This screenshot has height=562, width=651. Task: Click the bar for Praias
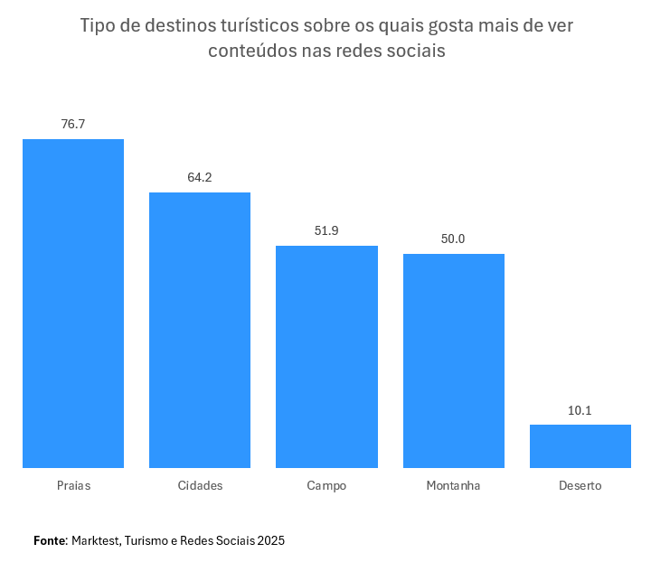73,304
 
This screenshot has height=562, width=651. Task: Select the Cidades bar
200,330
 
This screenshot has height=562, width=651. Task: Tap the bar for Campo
326,357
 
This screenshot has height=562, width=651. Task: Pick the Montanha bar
453,361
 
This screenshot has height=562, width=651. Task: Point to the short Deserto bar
580,446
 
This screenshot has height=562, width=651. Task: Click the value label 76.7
73,124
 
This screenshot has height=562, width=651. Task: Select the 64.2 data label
200,177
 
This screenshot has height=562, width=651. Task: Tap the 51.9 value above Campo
326,230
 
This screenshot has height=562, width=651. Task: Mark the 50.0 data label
453,239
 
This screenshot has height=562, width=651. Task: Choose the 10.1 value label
580,410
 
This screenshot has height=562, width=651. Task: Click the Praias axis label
73,485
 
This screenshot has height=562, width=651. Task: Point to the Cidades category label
200,485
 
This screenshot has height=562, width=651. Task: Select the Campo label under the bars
326,485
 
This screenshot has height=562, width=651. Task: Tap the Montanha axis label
453,485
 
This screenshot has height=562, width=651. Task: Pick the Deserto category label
580,485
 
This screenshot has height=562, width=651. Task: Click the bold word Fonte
50,540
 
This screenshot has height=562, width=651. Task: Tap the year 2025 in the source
270,540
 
